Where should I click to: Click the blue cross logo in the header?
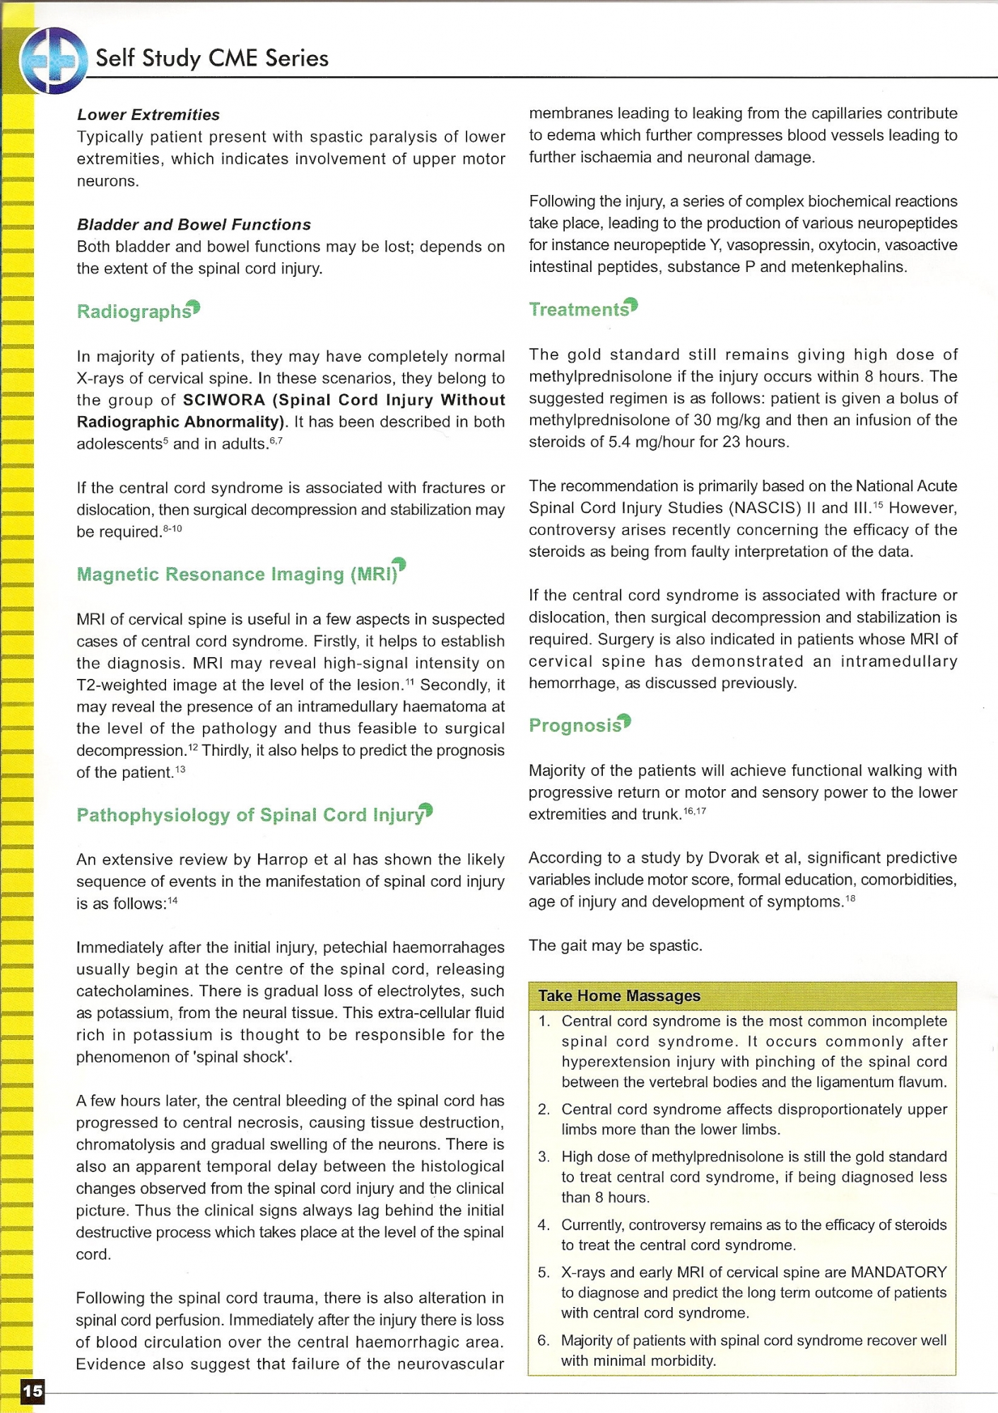click(54, 61)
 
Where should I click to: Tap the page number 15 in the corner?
click(33, 1391)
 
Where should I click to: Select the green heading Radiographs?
click(134, 312)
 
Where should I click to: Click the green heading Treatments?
click(579, 309)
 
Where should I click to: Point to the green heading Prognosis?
click(575, 726)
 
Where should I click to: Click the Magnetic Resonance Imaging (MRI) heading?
click(237, 574)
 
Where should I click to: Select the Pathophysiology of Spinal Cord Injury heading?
click(250, 815)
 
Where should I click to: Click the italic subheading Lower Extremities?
click(148, 114)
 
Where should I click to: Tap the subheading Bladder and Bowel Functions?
click(194, 225)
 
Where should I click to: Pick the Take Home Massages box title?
click(619, 995)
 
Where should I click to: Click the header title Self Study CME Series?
click(212, 58)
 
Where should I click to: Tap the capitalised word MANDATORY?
click(898, 1272)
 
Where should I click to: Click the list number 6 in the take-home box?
click(544, 1341)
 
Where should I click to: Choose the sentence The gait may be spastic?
click(615, 945)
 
